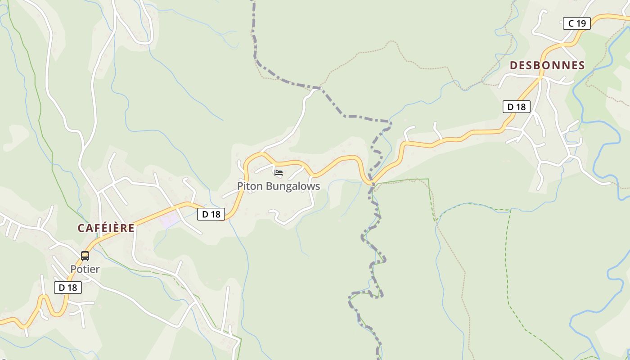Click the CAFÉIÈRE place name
(x=106, y=228)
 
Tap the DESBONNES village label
(x=547, y=66)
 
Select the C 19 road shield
(x=576, y=23)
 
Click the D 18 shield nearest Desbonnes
(x=516, y=107)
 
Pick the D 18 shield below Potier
(x=68, y=288)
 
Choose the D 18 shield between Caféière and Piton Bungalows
(x=211, y=214)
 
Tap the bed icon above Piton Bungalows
(x=279, y=172)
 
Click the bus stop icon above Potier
(x=85, y=256)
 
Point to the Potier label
(x=85, y=270)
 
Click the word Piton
(x=248, y=186)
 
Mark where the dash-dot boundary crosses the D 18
(x=373, y=183)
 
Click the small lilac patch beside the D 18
(x=169, y=220)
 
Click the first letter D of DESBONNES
(x=513, y=66)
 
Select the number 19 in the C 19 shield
(x=581, y=23)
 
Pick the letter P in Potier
(x=73, y=270)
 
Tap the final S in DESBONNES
(x=581, y=66)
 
